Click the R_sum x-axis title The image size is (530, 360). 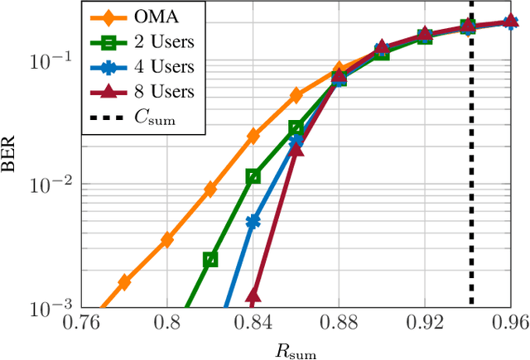(296, 348)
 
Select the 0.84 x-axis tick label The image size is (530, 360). (253, 323)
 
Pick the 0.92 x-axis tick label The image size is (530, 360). (424, 323)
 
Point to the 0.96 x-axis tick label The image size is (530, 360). (509, 323)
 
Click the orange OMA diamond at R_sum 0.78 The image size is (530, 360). (124, 282)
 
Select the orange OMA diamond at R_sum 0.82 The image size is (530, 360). (210, 190)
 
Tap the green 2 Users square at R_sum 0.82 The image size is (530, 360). (210, 259)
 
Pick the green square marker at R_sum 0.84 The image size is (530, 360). (253, 176)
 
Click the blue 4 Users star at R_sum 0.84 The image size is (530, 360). (253, 222)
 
